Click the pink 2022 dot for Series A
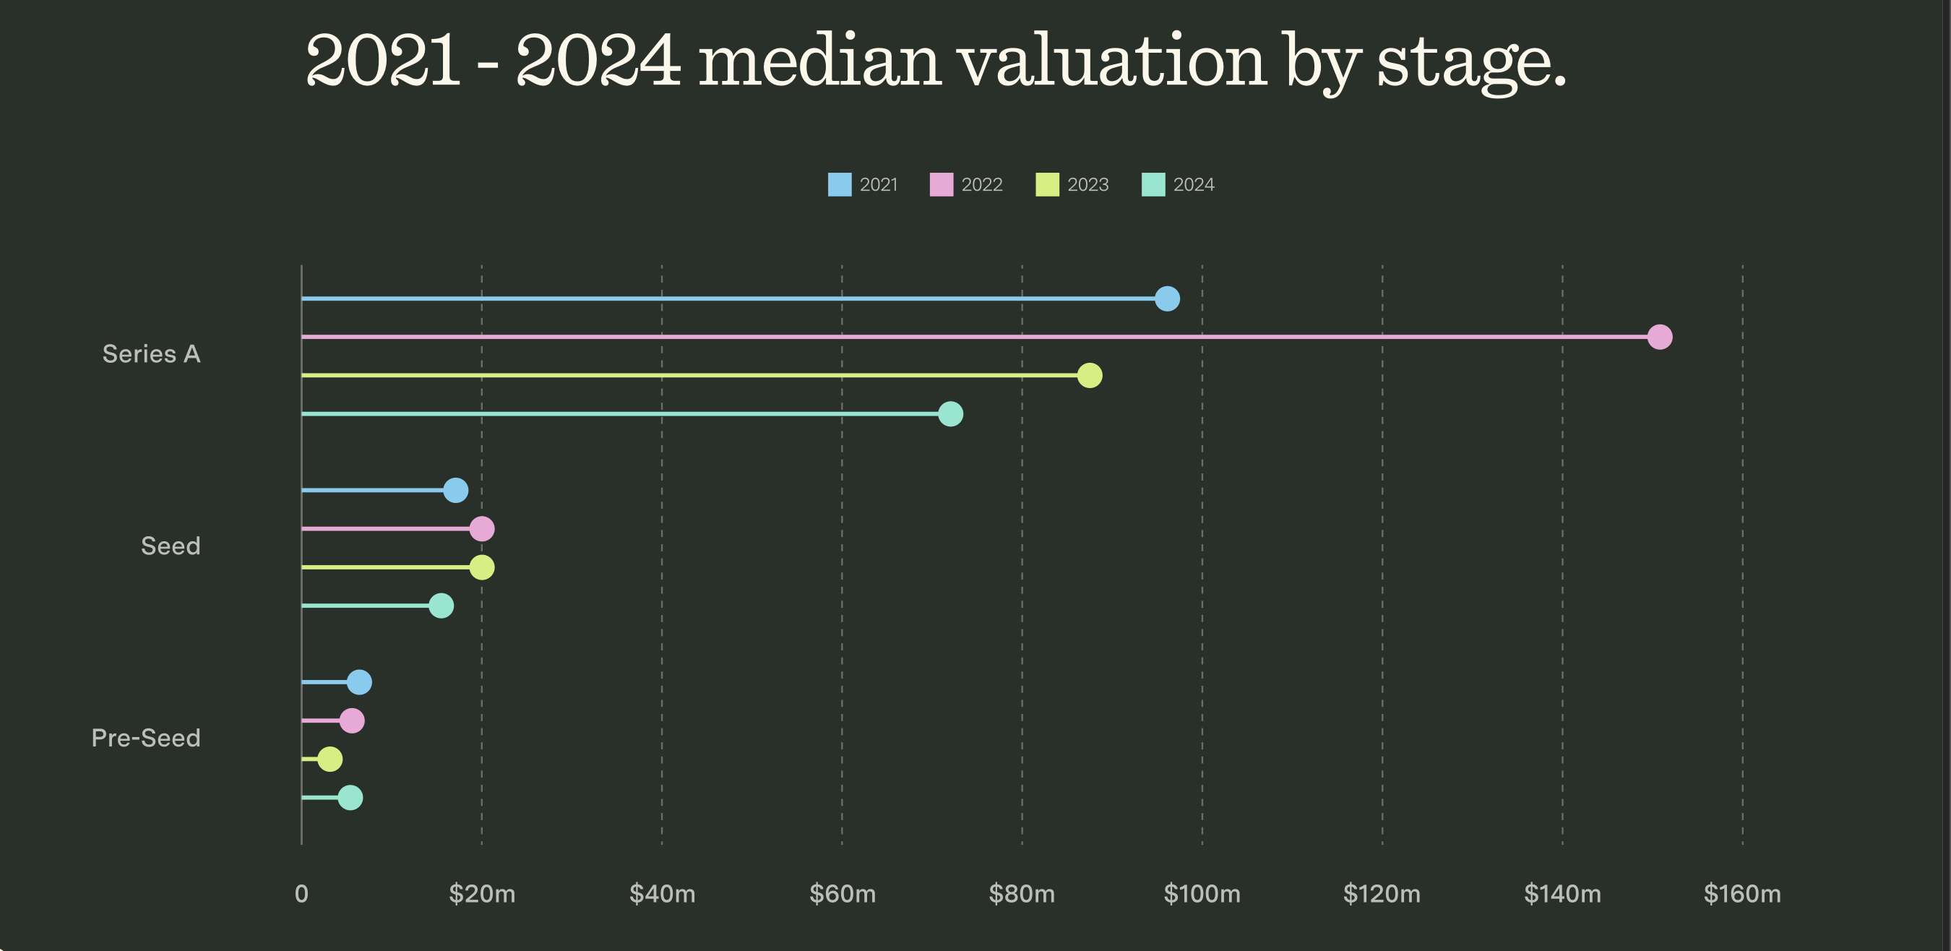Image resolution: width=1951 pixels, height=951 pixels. click(x=1659, y=337)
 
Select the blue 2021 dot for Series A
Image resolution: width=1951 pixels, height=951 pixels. click(x=1167, y=299)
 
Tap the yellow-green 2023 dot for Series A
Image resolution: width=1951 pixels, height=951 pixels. click(x=1089, y=376)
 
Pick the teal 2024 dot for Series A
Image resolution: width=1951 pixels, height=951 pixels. click(x=949, y=414)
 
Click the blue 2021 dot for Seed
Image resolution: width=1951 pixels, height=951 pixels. click(x=455, y=491)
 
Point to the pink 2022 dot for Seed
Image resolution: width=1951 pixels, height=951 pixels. click(x=482, y=528)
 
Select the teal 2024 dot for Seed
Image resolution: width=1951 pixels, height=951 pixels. click(x=441, y=606)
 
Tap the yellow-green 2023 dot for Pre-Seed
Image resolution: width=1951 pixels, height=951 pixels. click(x=330, y=759)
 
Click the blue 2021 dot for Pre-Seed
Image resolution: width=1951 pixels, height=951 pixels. click(x=359, y=682)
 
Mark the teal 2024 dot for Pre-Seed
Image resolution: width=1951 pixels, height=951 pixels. click(x=350, y=797)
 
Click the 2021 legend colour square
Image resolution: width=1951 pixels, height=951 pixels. click(x=839, y=185)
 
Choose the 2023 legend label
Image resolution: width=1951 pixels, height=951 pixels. click(x=1088, y=185)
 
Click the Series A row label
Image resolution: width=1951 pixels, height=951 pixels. click(x=152, y=354)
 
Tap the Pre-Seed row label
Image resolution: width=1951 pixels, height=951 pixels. click(x=145, y=739)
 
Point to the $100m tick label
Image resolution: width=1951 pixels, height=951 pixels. click(x=1202, y=894)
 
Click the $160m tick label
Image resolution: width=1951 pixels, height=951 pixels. click(x=1742, y=894)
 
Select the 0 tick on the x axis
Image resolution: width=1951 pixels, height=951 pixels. click(x=301, y=894)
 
